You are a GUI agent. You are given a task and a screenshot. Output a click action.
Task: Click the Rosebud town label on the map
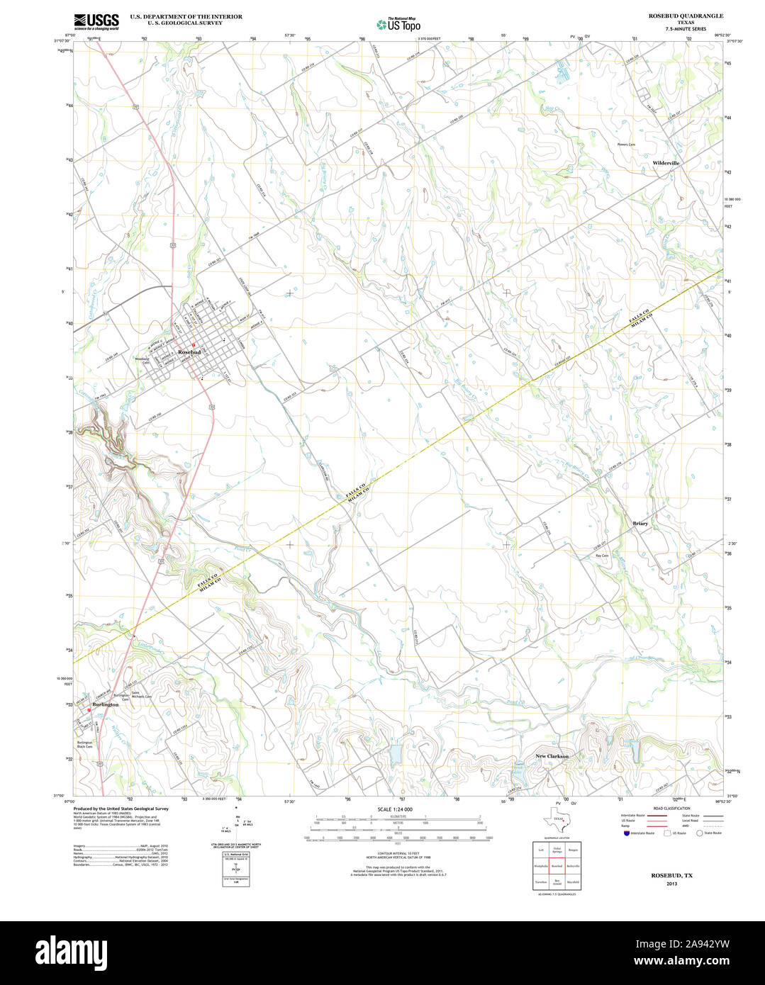[189, 352]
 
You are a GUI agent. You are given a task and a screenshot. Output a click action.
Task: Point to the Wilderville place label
[666, 163]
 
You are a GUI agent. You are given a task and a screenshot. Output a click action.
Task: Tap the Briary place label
[640, 524]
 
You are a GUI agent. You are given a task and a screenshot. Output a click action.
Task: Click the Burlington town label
[105, 704]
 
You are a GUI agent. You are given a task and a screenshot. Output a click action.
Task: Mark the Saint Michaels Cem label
[142, 697]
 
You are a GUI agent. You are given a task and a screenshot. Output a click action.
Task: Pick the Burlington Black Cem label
[85, 744]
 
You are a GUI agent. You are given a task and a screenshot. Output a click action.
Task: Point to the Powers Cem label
[626, 145]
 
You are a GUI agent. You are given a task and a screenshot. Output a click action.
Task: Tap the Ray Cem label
[602, 556]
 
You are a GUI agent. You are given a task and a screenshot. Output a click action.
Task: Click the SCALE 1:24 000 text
[395, 809]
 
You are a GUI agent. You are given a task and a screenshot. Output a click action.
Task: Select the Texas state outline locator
[557, 821]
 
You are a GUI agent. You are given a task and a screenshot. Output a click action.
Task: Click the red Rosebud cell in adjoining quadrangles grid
[557, 866]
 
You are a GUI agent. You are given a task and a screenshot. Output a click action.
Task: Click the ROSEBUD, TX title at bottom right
[671, 876]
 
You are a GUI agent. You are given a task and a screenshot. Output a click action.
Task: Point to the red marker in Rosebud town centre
[194, 346]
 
